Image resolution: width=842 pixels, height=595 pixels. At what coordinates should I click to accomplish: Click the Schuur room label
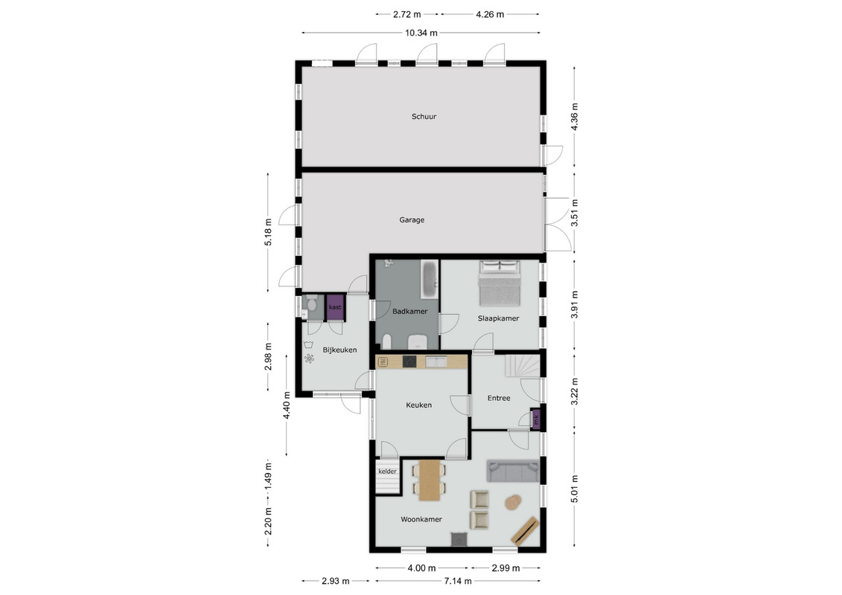tap(424, 117)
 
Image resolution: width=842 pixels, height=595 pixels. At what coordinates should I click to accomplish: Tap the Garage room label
tap(412, 220)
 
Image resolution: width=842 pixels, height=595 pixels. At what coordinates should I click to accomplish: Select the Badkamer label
tap(409, 311)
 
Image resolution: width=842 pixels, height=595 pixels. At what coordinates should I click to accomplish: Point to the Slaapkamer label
tap(498, 318)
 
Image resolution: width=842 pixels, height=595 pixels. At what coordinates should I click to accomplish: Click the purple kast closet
tap(335, 307)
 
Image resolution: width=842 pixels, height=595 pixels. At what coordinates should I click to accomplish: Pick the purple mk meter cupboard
tap(536, 419)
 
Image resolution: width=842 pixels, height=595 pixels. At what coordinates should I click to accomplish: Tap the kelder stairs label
tap(387, 472)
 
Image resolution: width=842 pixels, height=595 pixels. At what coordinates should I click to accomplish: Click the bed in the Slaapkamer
tap(500, 283)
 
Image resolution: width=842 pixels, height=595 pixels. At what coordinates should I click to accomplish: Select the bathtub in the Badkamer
tap(430, 279)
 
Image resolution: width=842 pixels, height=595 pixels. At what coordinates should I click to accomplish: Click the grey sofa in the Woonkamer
tap(513, 471)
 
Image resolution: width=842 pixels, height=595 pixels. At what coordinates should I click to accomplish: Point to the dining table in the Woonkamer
tap(430, 480)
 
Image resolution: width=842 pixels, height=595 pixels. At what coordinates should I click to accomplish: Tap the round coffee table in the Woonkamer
tap(514, 502)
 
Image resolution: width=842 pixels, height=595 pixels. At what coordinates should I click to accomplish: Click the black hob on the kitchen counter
tap(409, 361)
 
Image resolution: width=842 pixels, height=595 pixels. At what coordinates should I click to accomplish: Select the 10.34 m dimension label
tap(421, 33)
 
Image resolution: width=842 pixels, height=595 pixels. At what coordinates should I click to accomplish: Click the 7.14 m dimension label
tap(458, 581)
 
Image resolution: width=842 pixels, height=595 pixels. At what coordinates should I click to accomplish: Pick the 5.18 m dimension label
tap(269, 232)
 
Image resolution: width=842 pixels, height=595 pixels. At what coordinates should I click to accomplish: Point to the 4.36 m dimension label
tap(574, 117)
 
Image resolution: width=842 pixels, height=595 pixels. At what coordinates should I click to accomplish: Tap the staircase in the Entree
tap(522, 366)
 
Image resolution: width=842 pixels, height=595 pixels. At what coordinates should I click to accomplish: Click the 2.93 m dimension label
tap(336, 581)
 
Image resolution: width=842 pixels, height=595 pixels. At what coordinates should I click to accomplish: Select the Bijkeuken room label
tap(340, 350)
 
